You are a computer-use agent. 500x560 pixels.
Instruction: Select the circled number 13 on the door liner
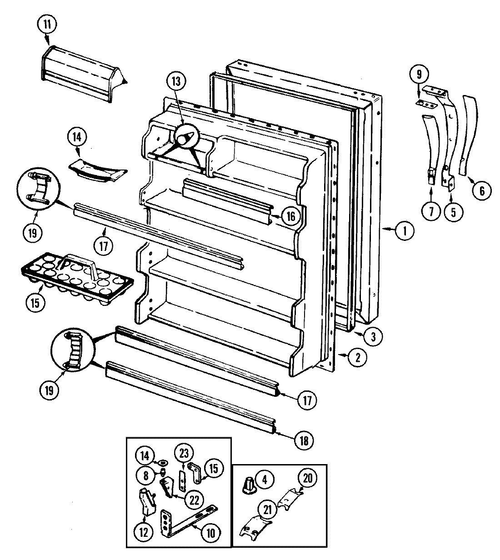[x=176, y=82]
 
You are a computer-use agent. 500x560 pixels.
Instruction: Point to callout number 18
[x=304, y=440]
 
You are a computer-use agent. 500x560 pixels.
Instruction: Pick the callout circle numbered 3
[x=372, y=336]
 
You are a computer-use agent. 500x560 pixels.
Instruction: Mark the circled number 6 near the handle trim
[x=481, y=190]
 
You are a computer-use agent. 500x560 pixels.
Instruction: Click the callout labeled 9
[x=418, y=73]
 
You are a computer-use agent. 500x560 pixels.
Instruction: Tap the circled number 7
[x=431, y=211]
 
